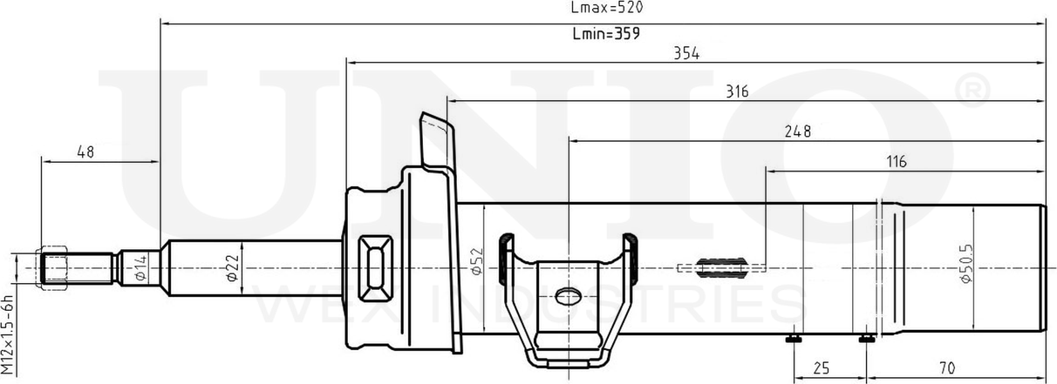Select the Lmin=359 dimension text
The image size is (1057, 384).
[606, 35]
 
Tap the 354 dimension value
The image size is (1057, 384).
[686, 53]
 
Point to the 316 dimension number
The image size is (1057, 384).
[737, 91]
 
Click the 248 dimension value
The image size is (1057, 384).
[797, 131]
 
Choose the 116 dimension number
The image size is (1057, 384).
[897, 161]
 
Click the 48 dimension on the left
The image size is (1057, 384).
[85, 152]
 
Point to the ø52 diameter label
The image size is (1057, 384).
[476, 260]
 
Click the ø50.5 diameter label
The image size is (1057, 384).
[965, 261]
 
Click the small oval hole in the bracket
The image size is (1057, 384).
[568, 294]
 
